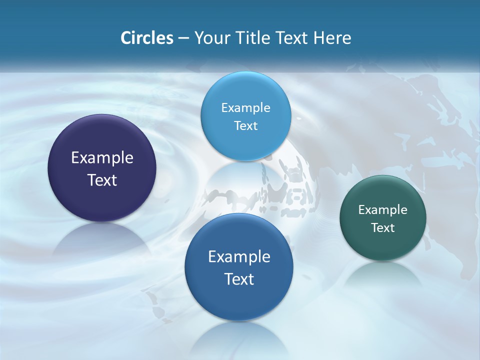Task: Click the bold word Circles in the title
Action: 146,38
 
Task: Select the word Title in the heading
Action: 251,38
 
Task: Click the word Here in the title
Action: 332,38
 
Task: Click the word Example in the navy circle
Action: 102,158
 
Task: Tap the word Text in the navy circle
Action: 102,180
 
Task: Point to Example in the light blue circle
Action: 245,108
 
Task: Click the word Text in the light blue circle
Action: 245,125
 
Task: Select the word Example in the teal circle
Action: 383,210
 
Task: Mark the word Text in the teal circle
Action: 383,228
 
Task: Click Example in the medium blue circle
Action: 239,257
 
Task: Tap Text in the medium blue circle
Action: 239,279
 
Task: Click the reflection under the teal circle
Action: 383,275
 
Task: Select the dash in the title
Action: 183,38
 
